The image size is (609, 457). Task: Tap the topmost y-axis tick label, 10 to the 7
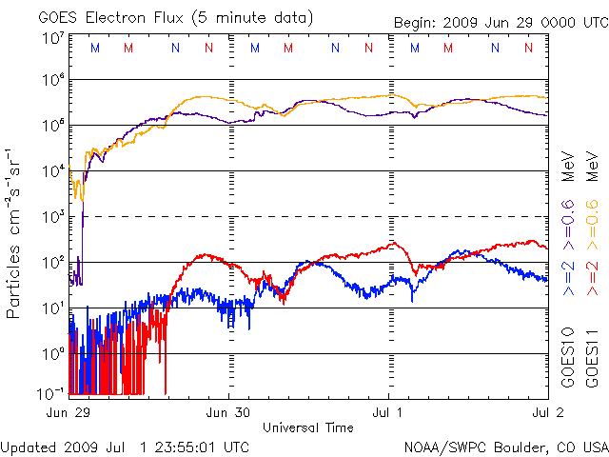pyautogui.click(x=53, y=39)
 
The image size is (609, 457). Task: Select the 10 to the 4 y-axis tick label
pyautogui.click(x=53, y=171)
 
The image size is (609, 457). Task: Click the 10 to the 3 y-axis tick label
pyautogui.click(x=53, y=217)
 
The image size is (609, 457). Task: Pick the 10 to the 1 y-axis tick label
pyautogui.click(x=53, y=308)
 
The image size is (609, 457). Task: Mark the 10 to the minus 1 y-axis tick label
pyautogui.click(x=51, y=392)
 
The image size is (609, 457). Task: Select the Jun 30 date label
pyautogui.click(x=230, y=413)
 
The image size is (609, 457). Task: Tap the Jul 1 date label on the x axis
pyautogui.click(x=390, y=413)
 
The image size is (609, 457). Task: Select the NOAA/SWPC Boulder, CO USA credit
pyautogui.click(x=505, y=446)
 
